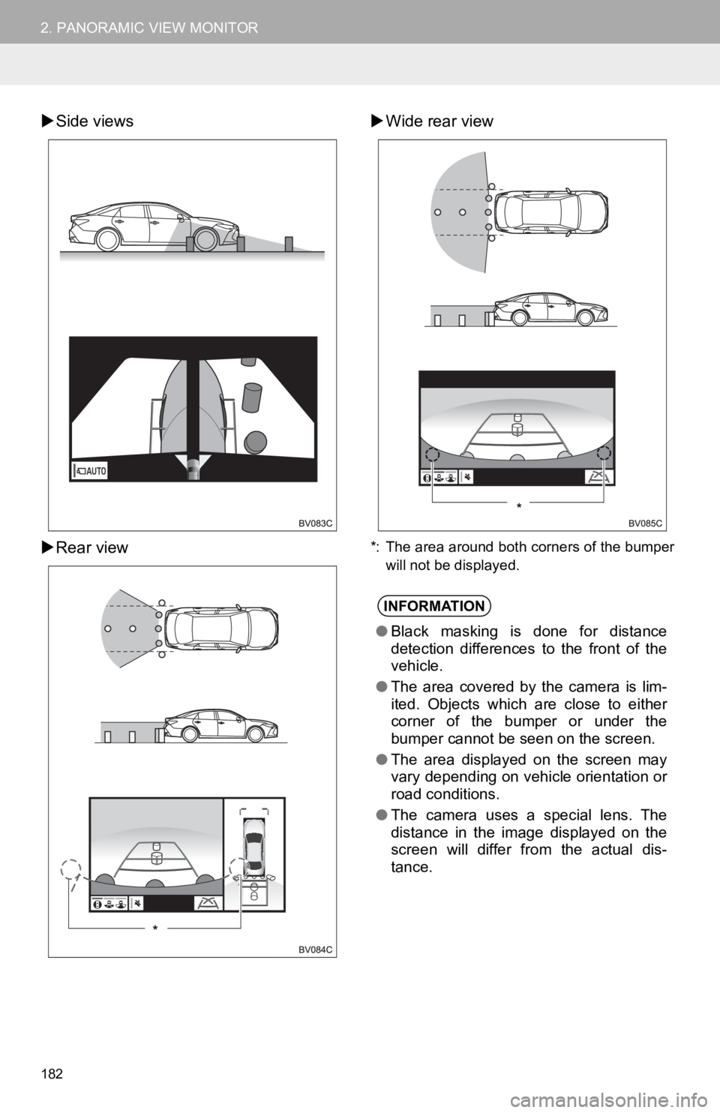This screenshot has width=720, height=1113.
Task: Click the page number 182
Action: pos(52,1074)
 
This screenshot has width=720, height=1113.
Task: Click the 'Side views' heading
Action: pos(94,121)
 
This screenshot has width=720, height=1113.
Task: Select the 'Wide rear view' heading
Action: pos(439,121)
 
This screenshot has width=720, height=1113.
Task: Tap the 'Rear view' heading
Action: pos(92,547)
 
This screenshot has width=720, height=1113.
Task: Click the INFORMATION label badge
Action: pos(433,606)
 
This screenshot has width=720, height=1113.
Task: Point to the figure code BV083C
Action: pos(316,523)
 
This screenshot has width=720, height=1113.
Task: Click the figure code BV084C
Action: pos(316,949)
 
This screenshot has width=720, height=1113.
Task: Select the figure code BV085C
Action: pos(646,523)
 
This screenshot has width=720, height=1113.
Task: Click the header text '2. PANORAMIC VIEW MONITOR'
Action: pos(149,28)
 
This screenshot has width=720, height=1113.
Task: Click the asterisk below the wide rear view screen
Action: pos(519,506)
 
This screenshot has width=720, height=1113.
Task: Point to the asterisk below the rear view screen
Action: pos(155,928)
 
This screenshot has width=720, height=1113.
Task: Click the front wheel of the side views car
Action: pos(205,239)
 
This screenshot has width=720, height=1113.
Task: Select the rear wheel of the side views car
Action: pos(108,239)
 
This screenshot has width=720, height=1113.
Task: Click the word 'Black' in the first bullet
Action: pos(410,631)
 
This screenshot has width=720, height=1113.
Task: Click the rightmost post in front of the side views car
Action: pos(289,244)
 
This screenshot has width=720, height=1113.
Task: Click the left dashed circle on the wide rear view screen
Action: pos(432,454)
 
